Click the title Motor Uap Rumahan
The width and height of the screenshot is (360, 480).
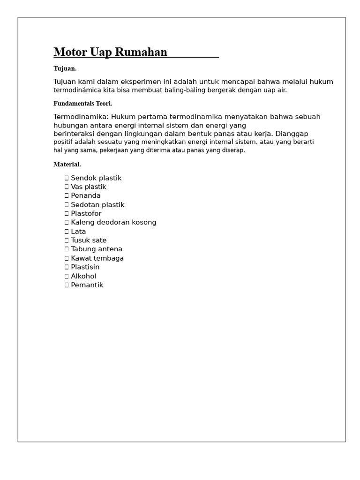click(x=110, y=52)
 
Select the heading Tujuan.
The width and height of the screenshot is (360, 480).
click(x=65, y=68)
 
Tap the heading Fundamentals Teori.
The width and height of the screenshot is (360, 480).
click(x=82, y=104)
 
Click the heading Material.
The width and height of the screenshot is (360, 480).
click(x=67, y=165)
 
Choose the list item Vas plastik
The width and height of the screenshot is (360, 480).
click(x=89, y=187)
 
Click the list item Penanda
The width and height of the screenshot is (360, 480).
click(x=86, y=195)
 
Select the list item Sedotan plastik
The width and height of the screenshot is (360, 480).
click(x=97, y=205)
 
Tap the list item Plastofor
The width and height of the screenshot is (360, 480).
click(x=86, y=214)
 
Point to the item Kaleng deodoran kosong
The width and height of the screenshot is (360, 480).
click(x=113, y=222)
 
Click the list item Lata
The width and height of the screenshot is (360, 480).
click(x=78, y=232)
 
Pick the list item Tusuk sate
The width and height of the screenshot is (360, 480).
click(x=89, y=240)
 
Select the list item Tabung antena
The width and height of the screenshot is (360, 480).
click(x=97, y=249)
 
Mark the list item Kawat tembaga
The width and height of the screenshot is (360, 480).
click(x=97, y=258)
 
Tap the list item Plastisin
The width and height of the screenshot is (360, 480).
click(x=85, y=267)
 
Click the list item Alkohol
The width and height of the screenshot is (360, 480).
click(x=83, y=276)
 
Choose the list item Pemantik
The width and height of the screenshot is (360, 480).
click(x=87, y=285)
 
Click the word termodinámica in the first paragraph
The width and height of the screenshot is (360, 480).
click(x=77, y=90)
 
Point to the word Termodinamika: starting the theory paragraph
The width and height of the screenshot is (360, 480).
click(x=81, y=117)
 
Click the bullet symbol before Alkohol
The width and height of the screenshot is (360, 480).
click(x=67, y=276)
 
